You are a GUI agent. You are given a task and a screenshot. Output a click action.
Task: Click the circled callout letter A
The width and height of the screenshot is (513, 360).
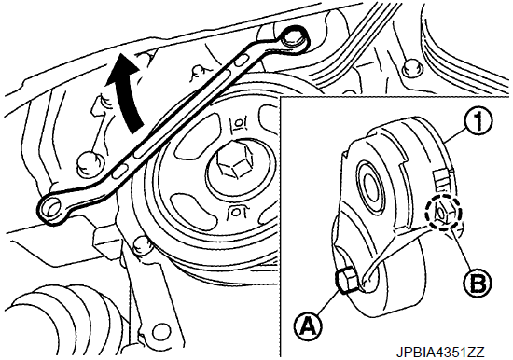point(308,325)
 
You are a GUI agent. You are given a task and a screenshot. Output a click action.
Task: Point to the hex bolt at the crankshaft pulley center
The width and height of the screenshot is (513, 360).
point(235,161)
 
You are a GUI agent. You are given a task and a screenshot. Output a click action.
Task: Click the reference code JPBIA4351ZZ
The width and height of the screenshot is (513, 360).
point(440,353)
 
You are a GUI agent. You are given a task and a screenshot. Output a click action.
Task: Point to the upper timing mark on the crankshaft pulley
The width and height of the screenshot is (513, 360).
point(238,124)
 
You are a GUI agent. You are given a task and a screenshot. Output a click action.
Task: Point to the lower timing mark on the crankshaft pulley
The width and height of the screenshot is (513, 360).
point(236,213)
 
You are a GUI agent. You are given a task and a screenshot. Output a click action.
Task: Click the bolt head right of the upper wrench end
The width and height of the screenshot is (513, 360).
point(410,67)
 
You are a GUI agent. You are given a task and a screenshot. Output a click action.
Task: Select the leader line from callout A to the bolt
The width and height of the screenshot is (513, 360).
point(326,302)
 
